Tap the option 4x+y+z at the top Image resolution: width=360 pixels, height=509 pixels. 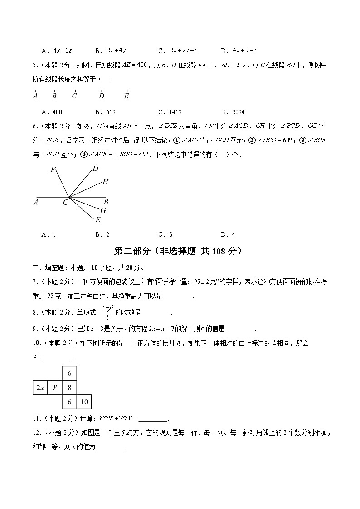242,50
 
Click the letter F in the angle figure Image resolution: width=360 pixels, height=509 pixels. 53,170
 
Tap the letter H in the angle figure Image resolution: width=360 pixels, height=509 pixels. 105,182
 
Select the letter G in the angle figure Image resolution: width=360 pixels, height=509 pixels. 103,211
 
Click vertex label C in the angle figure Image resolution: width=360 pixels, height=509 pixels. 66,203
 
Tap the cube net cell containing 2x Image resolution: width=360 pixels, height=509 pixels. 40,388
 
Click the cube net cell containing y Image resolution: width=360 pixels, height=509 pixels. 54,388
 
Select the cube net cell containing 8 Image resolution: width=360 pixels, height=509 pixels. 69,388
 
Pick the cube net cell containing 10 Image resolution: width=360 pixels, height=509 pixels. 84,402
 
